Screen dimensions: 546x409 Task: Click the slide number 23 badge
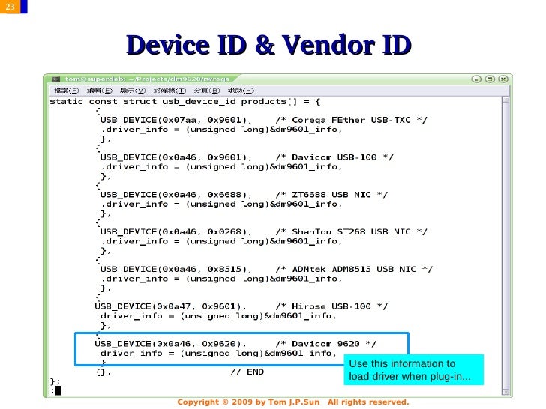click(x=8, y=7)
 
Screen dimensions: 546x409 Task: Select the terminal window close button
click(x=505, y=78)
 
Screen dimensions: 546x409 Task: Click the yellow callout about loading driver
click(x=413, y=369)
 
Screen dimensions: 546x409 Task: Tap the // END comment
click(x=247, y=371)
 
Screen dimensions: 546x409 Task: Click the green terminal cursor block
click(x=57, y=389)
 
